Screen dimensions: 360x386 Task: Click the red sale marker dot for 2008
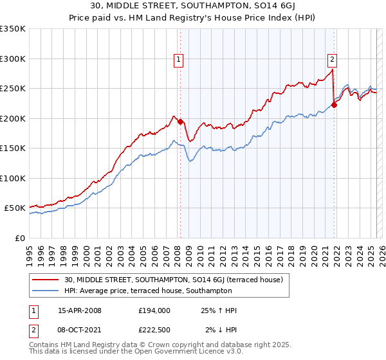point(180,122)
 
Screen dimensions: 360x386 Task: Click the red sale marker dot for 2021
point(334,105)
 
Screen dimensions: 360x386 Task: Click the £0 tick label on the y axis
point(19,238)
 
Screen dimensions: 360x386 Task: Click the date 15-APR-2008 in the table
point(80,310)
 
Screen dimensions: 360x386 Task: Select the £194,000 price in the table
point(154,310)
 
